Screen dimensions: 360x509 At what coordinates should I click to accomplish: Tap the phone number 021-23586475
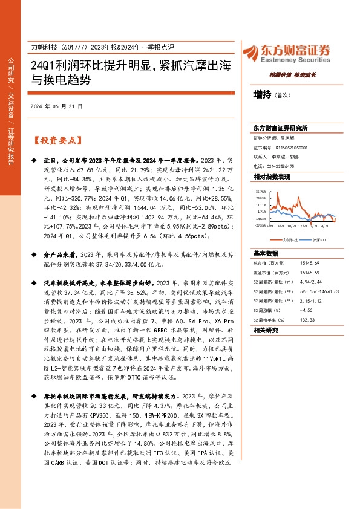coord(281,166)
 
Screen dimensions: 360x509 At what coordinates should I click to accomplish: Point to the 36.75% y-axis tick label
coord(261,191)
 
